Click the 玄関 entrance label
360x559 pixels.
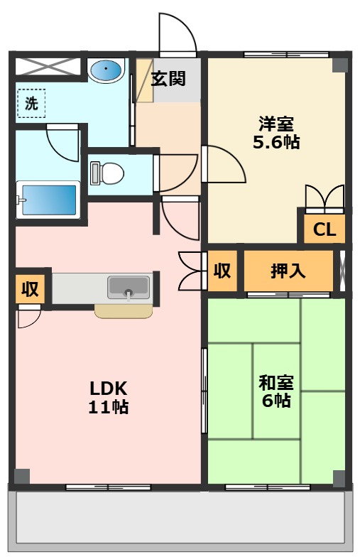coord(168,78)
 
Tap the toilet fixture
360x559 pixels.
coord(107,173)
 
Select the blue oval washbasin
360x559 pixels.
coord(106,70)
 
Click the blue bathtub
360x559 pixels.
coord(48,200)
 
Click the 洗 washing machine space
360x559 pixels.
coord(31,104)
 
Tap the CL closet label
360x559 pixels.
coord(324,229)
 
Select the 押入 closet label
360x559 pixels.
coord(288,271)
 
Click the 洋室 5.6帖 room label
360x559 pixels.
coord(276,133)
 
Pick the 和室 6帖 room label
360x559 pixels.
coord(276,391)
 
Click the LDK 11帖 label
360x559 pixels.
coord(109,397)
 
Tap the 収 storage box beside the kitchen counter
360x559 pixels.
coord(30,289)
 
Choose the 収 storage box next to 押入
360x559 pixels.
coord(222,271)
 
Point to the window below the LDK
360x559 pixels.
coord(109,487)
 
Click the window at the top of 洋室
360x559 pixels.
coord(286,55)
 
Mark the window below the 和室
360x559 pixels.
coord(268,487)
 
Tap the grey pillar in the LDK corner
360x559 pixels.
coord(22,477)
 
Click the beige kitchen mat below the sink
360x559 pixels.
coord(124,311)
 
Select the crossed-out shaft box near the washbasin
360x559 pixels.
coord(47,66)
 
